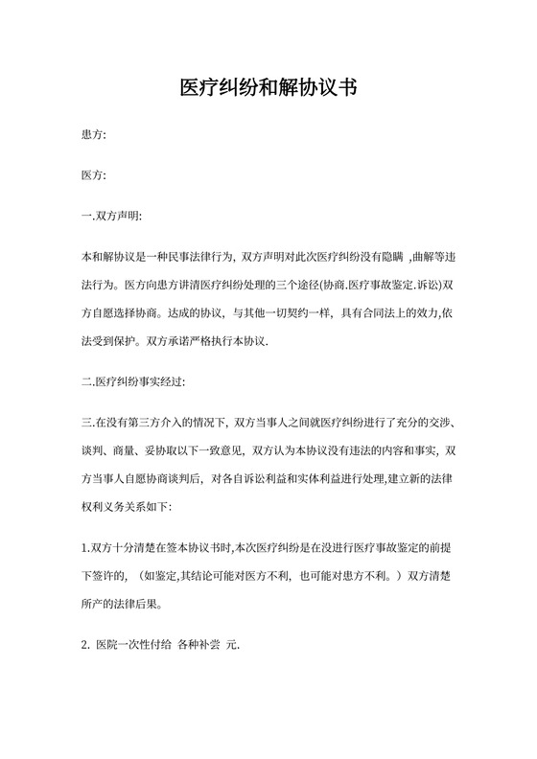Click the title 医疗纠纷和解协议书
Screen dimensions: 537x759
pyautogui.click(x=268, y=88)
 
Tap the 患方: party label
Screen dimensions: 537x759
pyautogui.click(x=94, y=137)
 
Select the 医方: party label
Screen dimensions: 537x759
pyautogui.click(x=94, y=176)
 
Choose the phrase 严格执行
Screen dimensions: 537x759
pyautogui.click(x=216, y=338)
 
